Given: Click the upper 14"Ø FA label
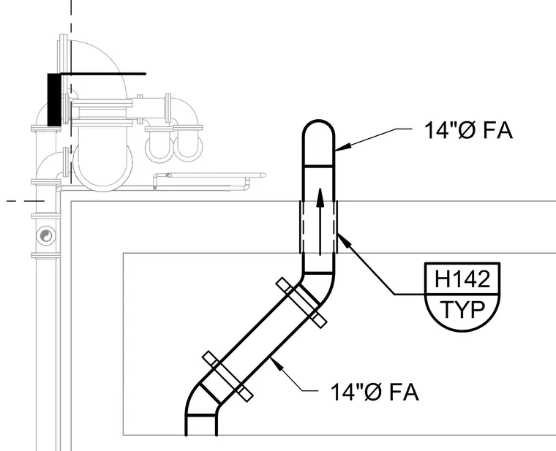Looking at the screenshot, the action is tap(468, 130).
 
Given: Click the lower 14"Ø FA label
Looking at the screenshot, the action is tap(375, 393).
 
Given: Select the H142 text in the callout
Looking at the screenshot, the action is tap(462, 278).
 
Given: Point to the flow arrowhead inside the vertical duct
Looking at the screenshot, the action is tap(320, 197).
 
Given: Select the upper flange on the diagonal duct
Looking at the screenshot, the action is tap(301, 303).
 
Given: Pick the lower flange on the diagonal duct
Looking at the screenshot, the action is tap(228, 376).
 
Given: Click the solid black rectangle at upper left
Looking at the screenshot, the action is tap(54, 99).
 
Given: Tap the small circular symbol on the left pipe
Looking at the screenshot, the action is tap(46, 235).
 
